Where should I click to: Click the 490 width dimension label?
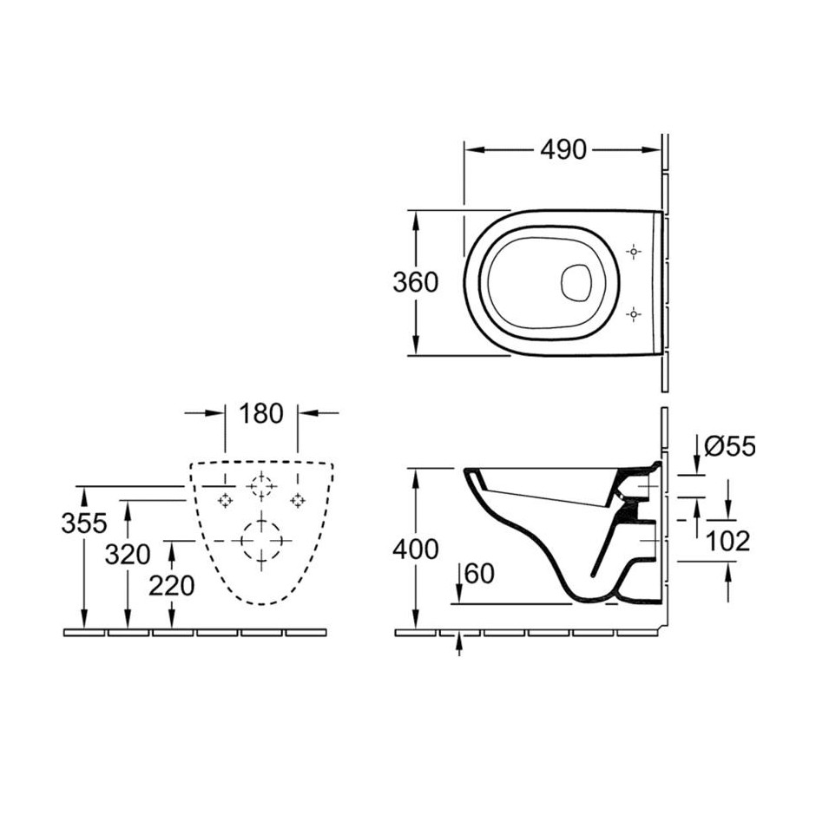coord(563,150)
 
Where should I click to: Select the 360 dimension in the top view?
coord(415,283)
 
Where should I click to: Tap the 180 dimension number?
coord(260,413)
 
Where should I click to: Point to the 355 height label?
coord(84,523)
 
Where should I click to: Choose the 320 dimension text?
coord(128,554)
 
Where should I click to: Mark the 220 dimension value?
coord(171,586)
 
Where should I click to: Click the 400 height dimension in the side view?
coord(415,549)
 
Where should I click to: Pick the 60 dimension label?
coord(479,574)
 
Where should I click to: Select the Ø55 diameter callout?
coord(729,446)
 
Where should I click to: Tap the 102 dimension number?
coord(727,541)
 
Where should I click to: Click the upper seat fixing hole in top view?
coord(634,252)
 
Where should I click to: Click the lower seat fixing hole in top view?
coord(634,314)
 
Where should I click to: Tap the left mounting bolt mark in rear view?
coord(225,500)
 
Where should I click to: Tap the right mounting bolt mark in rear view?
coord(297,500)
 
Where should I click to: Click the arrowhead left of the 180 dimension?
coord(214,413)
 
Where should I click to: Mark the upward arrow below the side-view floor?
coord(459,644)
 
